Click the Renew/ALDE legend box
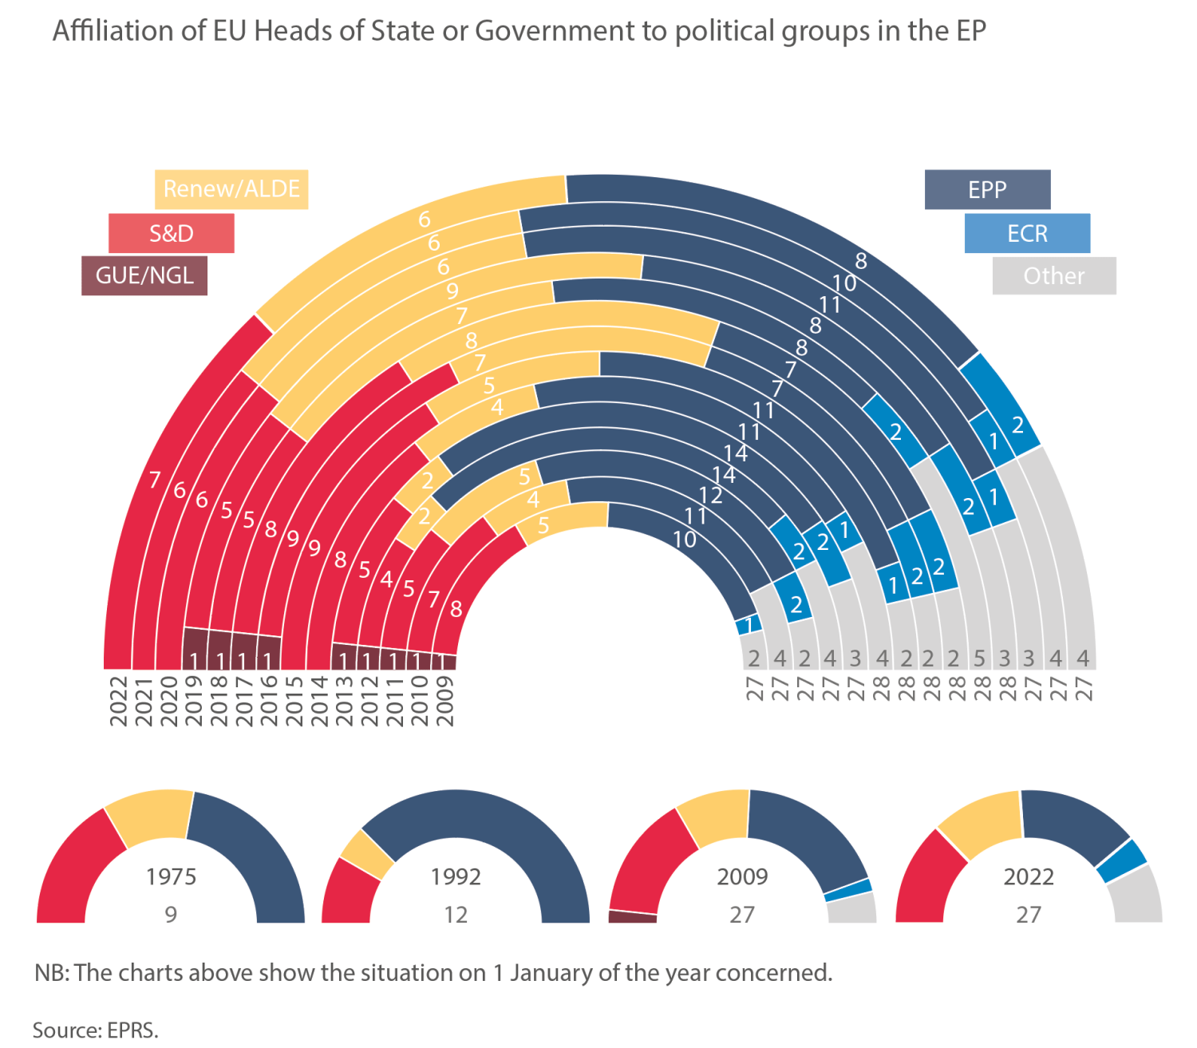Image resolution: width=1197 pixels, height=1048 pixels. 231,189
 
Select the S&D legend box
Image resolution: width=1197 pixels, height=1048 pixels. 171,233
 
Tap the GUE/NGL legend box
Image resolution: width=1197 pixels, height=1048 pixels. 144,275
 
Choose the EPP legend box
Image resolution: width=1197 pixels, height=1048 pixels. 987,190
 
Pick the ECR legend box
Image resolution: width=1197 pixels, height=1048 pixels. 1027,233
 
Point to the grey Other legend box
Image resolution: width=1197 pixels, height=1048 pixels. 1054,276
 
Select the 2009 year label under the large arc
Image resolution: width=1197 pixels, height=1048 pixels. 445,701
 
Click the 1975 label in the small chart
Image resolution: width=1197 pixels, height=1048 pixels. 171,876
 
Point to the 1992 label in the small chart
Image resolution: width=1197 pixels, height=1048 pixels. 456,876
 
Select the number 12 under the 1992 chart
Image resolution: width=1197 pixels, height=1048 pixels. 456,914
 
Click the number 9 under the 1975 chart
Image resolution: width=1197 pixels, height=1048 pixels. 171,914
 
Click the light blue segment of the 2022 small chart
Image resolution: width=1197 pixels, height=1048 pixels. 1121,861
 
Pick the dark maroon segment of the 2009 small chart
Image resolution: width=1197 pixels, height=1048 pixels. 633,917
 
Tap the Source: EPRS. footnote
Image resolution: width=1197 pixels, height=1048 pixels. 96,1030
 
